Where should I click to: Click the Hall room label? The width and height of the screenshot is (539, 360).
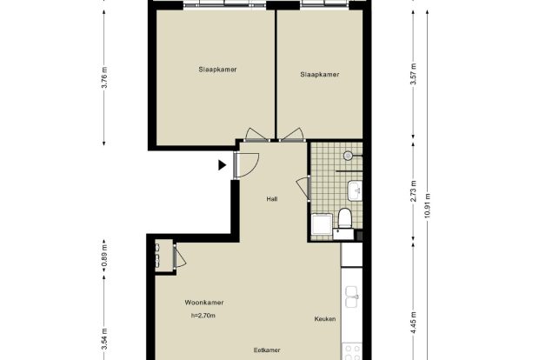coord(272,199)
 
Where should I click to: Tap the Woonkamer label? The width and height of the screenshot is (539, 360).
coord(204,303)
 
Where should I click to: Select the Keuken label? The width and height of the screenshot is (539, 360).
coord(325,319)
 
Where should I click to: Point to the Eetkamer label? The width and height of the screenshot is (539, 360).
coord(267,350)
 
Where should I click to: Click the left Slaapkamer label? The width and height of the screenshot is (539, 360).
coord(217,69)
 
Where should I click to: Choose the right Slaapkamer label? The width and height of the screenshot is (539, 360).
coord(320,74)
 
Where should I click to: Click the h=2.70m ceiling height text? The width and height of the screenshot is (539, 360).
coord(203,316)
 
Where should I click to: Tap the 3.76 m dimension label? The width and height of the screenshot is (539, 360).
coord(104,77)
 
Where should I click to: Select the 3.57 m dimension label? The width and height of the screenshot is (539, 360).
coord(414,74)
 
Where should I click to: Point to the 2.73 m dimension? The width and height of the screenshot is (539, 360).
coord(414,191)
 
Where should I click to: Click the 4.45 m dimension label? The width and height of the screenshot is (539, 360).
coord(414,323)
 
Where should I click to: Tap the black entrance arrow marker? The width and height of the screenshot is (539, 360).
coord(222,165)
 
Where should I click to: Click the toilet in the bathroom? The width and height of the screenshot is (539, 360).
coord(344,218)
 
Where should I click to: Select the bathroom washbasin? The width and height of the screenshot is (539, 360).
coord(355,190)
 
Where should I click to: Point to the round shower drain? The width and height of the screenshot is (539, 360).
coord(348,156)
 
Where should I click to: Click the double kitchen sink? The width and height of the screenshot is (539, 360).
coord(352,297)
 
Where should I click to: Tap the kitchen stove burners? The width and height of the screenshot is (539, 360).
coord(352,352)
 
